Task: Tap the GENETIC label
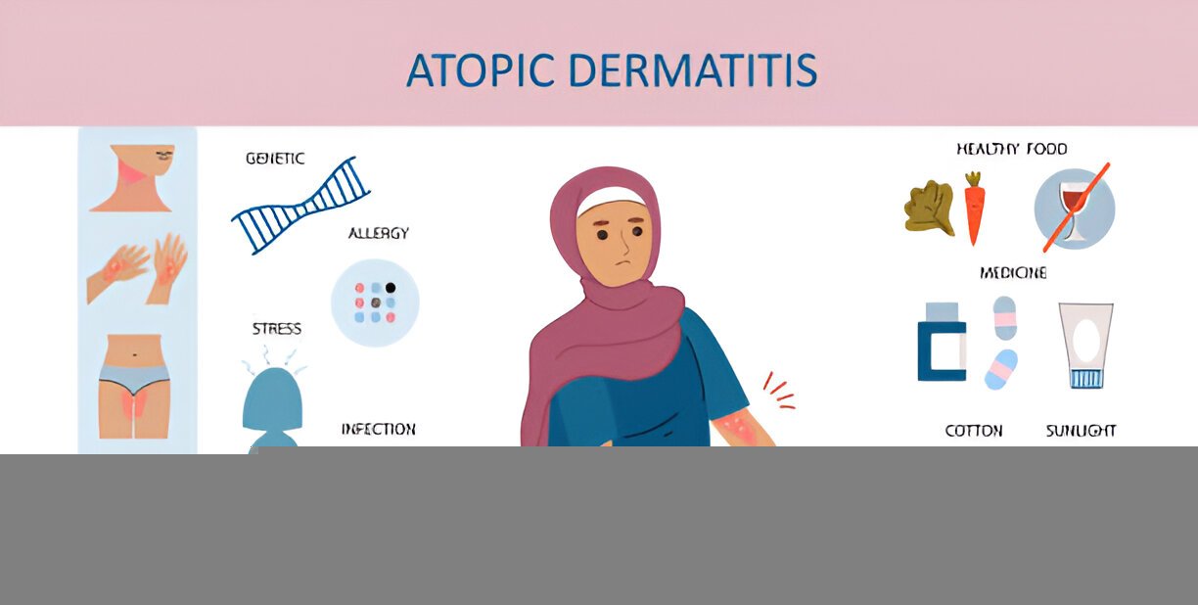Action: click(x=274, y=159)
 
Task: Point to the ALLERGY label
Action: click(x=379, y=234)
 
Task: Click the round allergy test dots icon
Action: click(x=375, y=302)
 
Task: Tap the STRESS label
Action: click(x=277, y=329)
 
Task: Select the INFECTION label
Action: click(x=378, y=429)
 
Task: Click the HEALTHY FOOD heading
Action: click(x=1012, y=149)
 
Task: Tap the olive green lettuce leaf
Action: click(x=928, y=209)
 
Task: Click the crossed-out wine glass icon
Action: click(x=1075, y=207)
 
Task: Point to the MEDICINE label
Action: click(x=1013, y=273)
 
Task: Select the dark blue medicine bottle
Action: click(x=942, y=342)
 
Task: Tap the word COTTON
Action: click(x=973, y=431)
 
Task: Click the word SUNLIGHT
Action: click(x=1081, y=431)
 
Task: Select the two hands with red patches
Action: click(x=138, y=267)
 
